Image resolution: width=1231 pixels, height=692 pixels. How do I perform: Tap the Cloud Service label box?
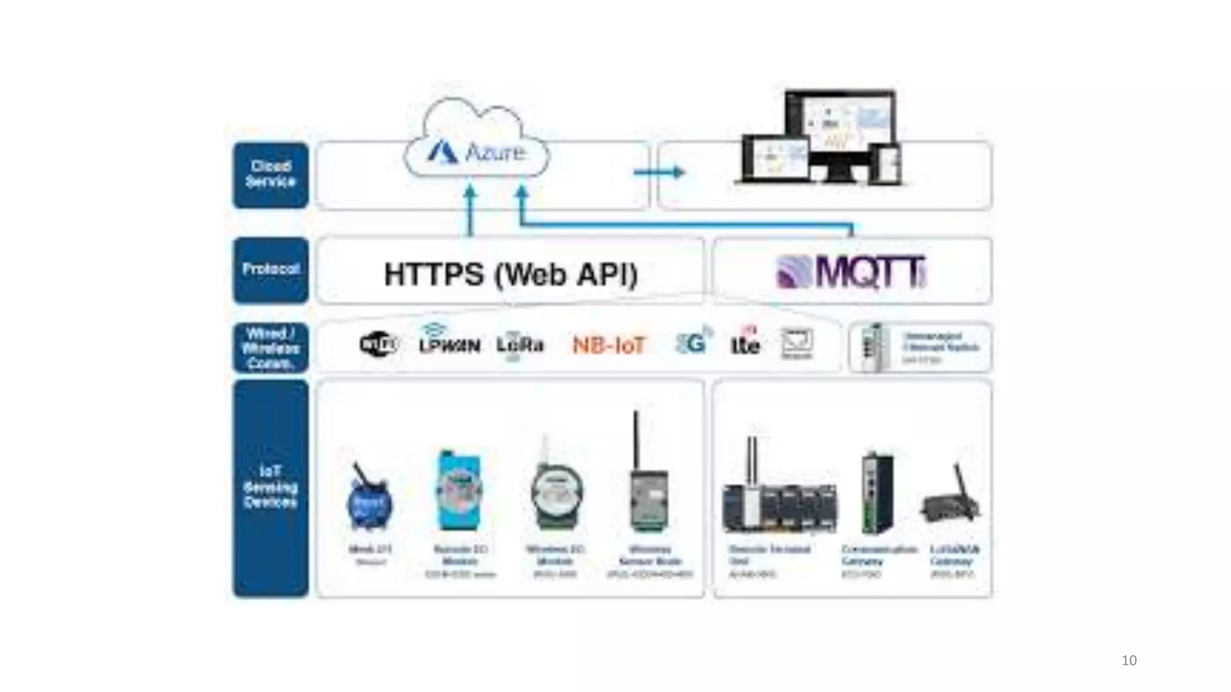click(x=270, y=175)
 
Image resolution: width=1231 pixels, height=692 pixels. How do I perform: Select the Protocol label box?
click(x=270, y=270)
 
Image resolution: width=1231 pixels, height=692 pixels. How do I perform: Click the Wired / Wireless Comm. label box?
click(x=270, y=348)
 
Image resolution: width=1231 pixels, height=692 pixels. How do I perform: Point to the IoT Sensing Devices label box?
click(x=270, y=488)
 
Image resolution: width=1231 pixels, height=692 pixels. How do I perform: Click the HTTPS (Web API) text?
click(x=510, y=275)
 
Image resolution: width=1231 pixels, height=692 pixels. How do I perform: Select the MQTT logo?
click(x=851, y=272)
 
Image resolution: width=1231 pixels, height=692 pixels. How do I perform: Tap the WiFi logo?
click(x=379, y=344)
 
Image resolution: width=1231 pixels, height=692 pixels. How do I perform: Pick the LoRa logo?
click(x=520, y=345)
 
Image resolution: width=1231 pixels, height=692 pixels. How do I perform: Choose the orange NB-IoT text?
click(x=608, y=345)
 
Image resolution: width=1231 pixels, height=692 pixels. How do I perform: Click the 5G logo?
click(x=692, y=343)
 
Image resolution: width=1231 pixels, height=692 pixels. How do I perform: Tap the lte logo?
click(x=745, y=343)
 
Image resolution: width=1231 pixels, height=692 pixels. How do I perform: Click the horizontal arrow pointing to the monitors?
click(x=659, y=173)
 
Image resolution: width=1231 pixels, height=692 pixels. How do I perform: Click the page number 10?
click(x=1129, y=661)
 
